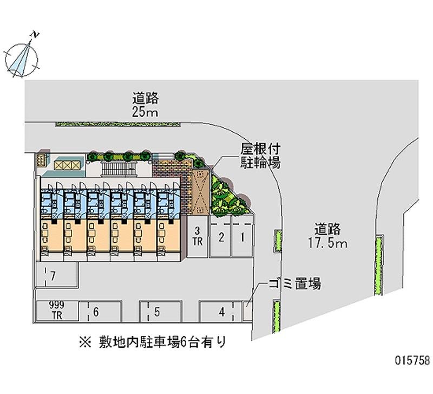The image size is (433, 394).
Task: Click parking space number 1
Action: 243,237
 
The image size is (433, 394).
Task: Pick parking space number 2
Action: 221,237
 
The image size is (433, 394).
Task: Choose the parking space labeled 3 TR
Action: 198,237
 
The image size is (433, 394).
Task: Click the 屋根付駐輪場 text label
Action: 260,156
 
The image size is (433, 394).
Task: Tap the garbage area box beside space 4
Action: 248,312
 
